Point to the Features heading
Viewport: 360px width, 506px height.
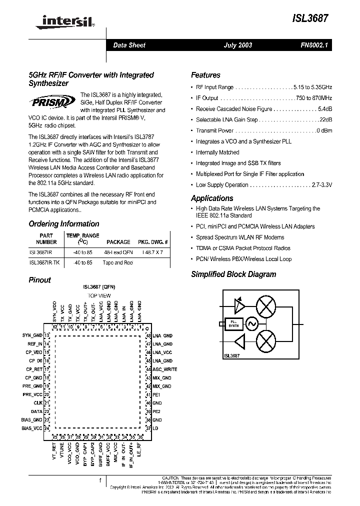[205, 75]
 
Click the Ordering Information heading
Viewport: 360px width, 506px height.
[63, 224]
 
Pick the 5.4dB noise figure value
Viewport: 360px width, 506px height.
[324, 109]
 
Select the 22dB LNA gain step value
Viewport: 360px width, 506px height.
[325, 120]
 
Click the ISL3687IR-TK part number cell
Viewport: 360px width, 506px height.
[44, 262]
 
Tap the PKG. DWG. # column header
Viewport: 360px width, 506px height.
[153, 241]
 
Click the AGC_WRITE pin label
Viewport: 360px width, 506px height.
[164, 369]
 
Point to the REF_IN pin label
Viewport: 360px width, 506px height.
[34, 344]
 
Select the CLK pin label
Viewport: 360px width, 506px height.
[38, 402]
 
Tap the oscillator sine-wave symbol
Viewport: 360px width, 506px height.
[249, 324]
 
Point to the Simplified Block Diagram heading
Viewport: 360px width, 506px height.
[233, 274]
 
